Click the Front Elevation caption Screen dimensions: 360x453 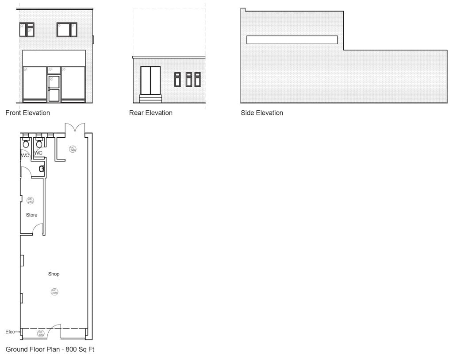pyautogui.click(x=27, y=113)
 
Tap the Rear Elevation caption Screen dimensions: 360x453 pyautogui.click(x=150, y=113)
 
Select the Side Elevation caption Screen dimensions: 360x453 pyautogui.click(x=261, y=113)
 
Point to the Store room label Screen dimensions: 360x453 pyautogui.click(x=31, y=215)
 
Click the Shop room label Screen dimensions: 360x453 pyautogui.click(x=54, y=274)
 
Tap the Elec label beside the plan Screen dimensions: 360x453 pyautogui.click(x=10, y=332)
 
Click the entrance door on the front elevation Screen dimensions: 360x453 pyautogui.click(x=54, y=88)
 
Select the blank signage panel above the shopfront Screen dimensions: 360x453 pyautogui.click(x=54, y=58)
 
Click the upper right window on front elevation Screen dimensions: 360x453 pyautogui.click(x=67, y=30)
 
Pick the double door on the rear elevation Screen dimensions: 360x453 pyautogui.click(x=150, y=81)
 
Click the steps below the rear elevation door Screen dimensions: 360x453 pyautogui.click(x=150, y=98)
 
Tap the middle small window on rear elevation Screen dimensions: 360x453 pyautogui.click(x=188, y=79)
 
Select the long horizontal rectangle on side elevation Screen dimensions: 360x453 pyautogui.click(x=292, y=40)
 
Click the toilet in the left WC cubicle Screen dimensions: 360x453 pyautogui.click(x=26, y=144)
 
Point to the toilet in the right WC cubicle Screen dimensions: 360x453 pyautogui.click(x=39, y=144)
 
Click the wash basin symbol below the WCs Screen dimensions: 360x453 pyautogui.click(x=41, y=169)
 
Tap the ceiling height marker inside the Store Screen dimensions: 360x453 pyautogui.click(x=31, y=201)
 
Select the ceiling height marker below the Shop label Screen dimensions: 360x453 pyautogui.click(x=55, y=291)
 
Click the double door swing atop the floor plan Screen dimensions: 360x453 pyautogui.click(x=74, y=128)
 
